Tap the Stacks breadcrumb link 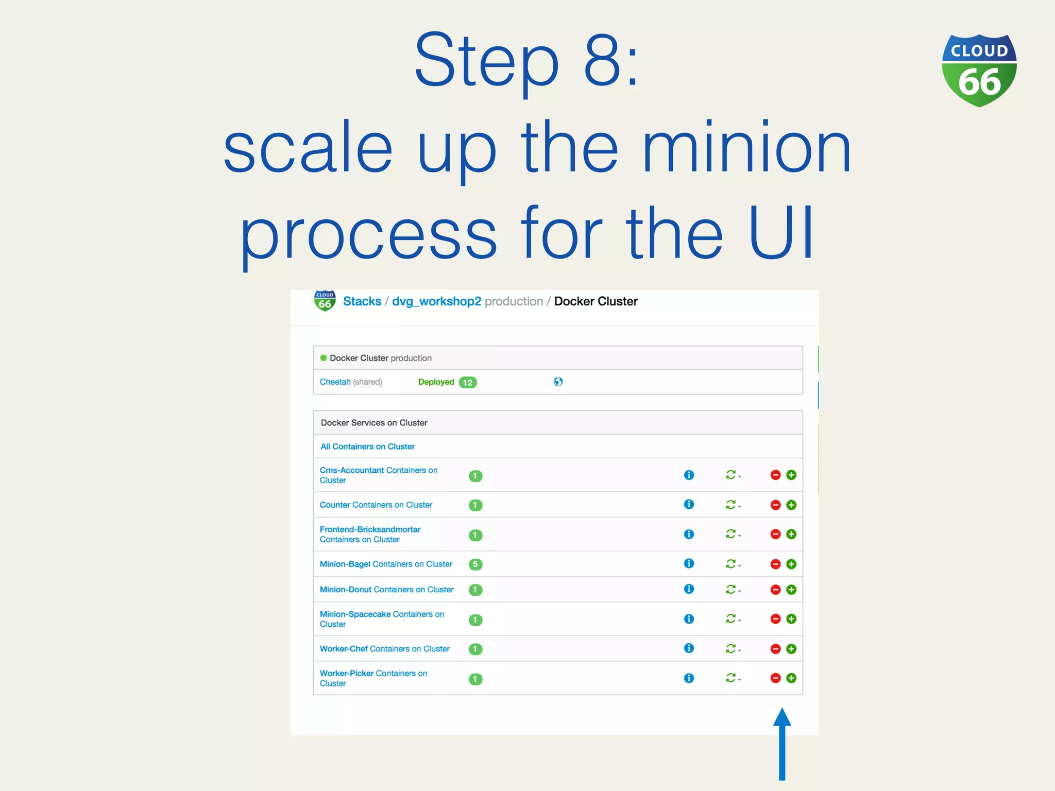(x=362, y=301)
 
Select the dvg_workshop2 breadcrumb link (x=436, y=301)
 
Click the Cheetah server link (x=335, y=382)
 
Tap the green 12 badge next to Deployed (x=468, y=382)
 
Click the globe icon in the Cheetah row (x=558, y=382)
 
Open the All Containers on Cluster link (x=367, y=446)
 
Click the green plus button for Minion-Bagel (x=791, y=564)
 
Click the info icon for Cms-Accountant (x=689, y=475)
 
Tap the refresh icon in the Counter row (x=730, y=505)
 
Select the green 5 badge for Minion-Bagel (x=475, y=564)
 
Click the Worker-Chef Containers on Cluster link (x=384, y=649)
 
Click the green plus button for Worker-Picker (x=791, y=678)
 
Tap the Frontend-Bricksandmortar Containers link (x=370, y=534)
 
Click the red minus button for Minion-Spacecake (x=775, y=619)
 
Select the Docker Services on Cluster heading (x=374, y=423)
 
